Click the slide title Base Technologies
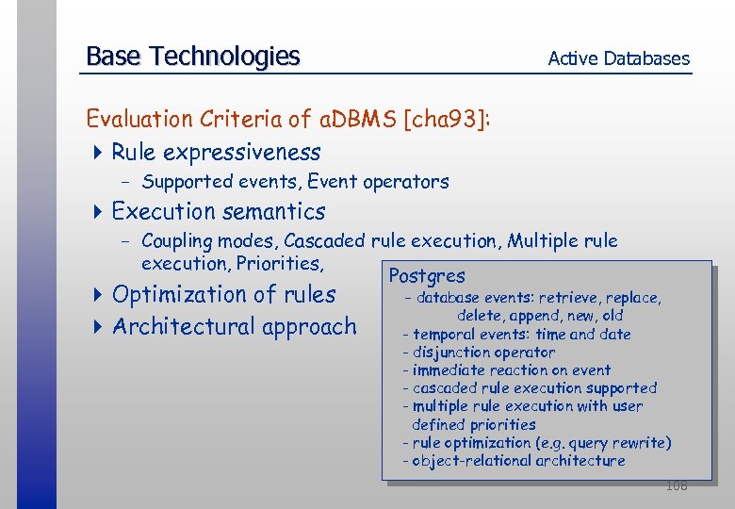tap(192, 57)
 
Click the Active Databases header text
tap(618, 58)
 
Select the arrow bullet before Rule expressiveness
tap(99, 152)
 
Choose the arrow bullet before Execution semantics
tap(99, 211)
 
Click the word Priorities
tap(280, 263)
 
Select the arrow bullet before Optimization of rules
tap(99, 295)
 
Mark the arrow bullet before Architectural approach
tap(99, 327)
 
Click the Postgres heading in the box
tap(427, 276)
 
